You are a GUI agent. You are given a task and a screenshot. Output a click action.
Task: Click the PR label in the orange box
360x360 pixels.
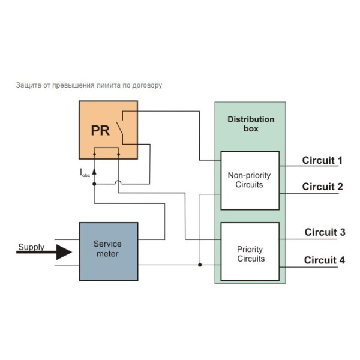100,131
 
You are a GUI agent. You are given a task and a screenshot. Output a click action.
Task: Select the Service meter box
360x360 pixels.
108,251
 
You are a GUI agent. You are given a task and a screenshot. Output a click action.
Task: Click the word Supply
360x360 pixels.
31,247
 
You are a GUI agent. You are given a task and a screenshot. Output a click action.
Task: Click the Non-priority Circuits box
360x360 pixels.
250,180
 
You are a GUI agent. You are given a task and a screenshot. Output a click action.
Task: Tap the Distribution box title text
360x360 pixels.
251,124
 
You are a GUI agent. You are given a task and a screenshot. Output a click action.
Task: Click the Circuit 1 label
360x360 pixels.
322,160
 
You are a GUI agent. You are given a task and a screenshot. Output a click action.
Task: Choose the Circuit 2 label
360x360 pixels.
322,187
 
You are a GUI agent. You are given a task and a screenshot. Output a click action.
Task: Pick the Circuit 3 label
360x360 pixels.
325,232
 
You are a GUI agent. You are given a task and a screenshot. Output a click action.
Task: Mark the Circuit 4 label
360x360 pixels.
325,260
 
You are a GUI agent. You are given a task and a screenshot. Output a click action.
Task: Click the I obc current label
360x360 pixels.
85,173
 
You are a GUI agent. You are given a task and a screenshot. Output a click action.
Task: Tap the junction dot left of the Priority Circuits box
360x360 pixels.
200,265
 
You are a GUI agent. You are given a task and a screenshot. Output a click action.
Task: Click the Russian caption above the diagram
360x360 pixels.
89,85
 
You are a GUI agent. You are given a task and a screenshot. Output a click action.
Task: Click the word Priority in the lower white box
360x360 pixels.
250,250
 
